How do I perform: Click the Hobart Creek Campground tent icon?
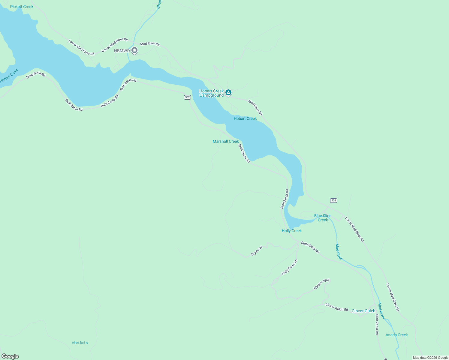pyautogui.click(x=228, y=92)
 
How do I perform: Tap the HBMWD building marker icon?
pyautogui.click(x=134, y=50)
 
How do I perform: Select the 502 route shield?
pyautogui.click(x=188, y=97)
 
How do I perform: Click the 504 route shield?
pyautogui.click(x=333, y=200)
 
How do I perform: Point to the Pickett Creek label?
pyautogui.click(x=22, y=7)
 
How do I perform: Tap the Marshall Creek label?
pyautogui.click(x=226, y=141)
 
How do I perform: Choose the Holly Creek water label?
pyautogui.click(x=292, y=231)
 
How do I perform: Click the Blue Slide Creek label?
pyautogui.click(x=323, y=218)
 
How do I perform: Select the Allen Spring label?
pyautogui.click(x=80, y=343)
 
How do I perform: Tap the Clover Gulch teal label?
pyautogui.click(x=363, y=311)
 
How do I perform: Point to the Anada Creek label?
pyautogui.click(x=396, y=335)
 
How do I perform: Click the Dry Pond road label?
pyautogui.click(x=257, y=251)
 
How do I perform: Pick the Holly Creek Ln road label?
pyautogui.click(x=289, y=267)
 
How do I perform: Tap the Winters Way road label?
pyautogui.click(x=321, y=284)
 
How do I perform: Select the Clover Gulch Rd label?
pyautogui.click(x=337, y=307)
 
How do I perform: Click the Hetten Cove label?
pyautogui.click(x=9, y=76)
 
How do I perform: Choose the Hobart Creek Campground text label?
pyautogui.click(x=212, y=93)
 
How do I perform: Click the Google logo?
pyautogui.click(x=10, y=356)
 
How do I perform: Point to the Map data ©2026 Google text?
pyautogui.click(x=430, y=358)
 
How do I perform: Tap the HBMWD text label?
pyautogui.click(x=122, y=51)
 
